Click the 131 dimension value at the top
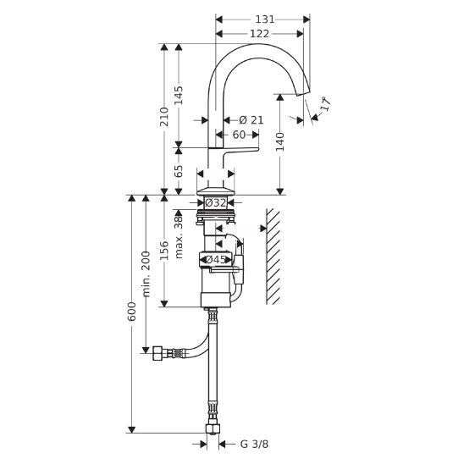265,19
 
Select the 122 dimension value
260,34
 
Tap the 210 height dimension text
164,117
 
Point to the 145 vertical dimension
178,96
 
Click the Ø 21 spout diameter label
251,120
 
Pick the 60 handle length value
239,135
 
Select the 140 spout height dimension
280,142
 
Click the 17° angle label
325,104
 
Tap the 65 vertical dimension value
178,171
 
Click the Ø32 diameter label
216,202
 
